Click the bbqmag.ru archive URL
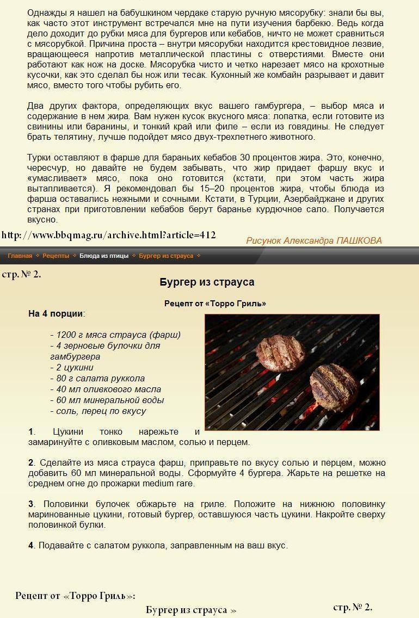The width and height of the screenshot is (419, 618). click(109, 235)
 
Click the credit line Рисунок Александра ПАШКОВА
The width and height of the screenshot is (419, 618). click(313, 240)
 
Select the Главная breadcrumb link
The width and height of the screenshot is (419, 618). click(20, 256)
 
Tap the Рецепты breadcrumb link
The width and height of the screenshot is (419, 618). click(56, 256)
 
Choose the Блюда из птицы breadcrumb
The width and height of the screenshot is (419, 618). click(104, 256)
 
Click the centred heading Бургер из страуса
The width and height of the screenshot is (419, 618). click(207, 282)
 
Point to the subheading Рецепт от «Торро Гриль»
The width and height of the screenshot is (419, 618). click(215, 304)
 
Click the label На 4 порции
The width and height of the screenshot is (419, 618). click(56, 313)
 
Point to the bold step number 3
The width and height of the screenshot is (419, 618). click(31, 504)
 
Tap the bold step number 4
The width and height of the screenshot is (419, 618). click(31, 545)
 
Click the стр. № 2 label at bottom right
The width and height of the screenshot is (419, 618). click(353, 607)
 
